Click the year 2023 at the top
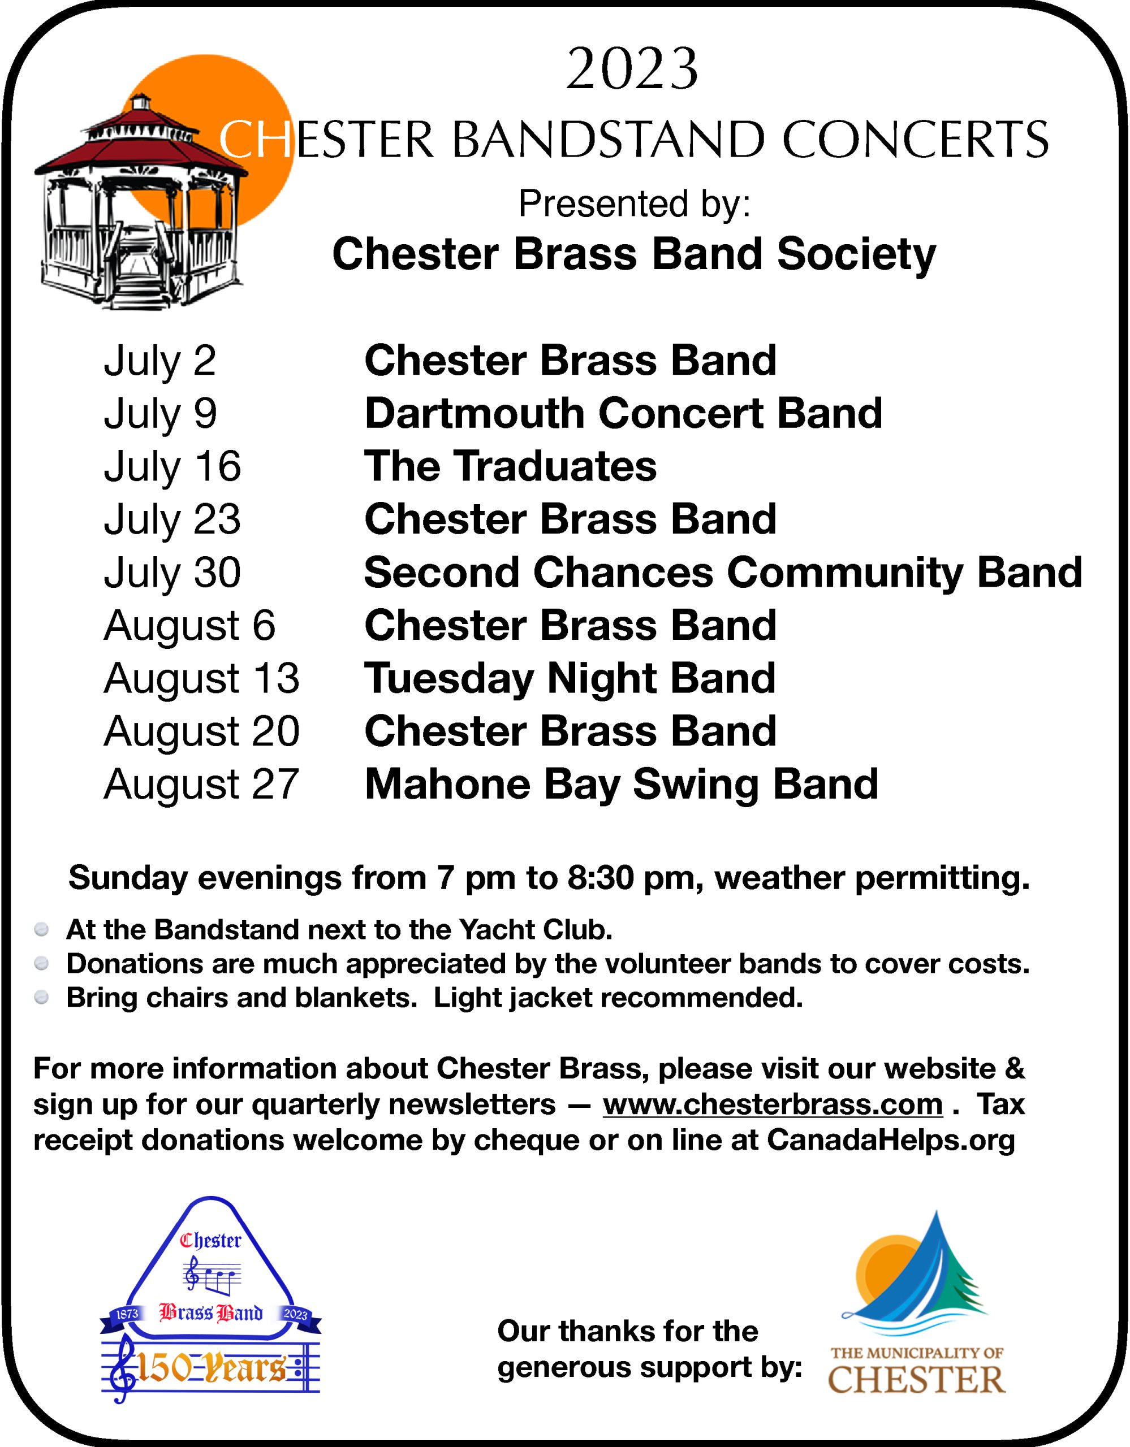pos(632,70)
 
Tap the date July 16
pos(172,466)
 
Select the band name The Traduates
pos(510,466)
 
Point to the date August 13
pos(201,679)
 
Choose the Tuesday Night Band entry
pos(570,679)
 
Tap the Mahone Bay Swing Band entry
pos(621,785)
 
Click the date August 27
pos(201,785)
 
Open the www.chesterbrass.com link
pos(773,1104)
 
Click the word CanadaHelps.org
pos(891,1140)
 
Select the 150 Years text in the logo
pos(211,1370)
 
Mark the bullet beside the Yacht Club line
pos(41,930)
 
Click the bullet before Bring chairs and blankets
pos(41,998)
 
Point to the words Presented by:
pos(634,203)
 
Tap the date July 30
pos(172,573)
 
